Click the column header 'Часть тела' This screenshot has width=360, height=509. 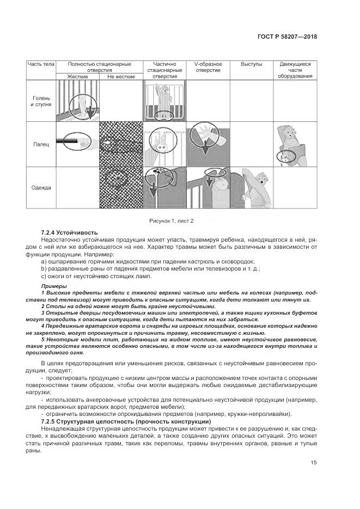coord(41,64)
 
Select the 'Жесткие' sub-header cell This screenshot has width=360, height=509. coord(78,77)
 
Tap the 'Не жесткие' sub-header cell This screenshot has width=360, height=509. coord(121,77)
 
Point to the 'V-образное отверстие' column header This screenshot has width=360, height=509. coord(208,67)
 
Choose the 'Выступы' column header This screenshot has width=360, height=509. coord(251,64)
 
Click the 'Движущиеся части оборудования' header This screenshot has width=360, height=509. coord(295,70)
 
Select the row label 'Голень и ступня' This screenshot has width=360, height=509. coord(41,101)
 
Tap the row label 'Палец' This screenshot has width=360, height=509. coord(41,144)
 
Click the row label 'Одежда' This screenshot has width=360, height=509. coord(41,188)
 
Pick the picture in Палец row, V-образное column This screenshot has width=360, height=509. coord(208,144)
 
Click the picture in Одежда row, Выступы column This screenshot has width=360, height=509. coord(251,188)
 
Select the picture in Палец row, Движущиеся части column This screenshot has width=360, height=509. coord(295,144)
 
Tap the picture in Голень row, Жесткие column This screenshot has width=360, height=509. coord(78,101)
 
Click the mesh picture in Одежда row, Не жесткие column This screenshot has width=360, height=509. coord(121,188)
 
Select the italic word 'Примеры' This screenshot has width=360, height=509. coord(54,286)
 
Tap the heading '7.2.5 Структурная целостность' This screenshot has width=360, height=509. coord(126,421)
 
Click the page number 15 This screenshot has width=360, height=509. coord(314,463)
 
